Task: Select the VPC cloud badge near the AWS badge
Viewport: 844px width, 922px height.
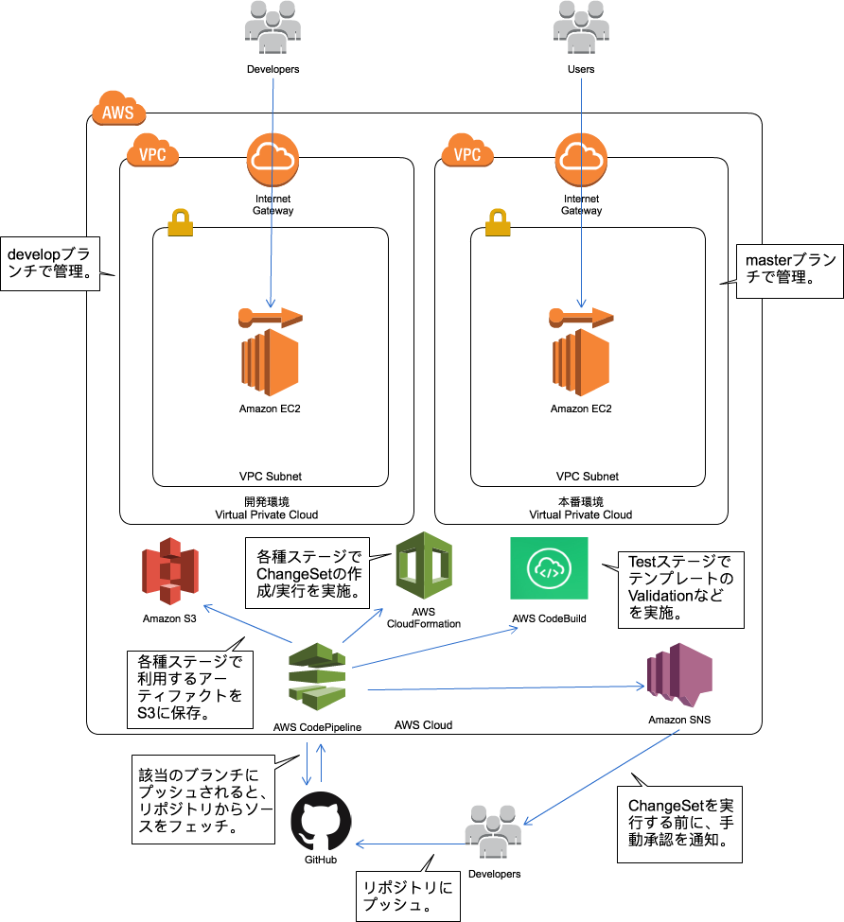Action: tap(152, 152)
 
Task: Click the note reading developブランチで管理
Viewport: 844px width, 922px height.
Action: tap(49, 264)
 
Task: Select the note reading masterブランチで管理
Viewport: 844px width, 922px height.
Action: tap(789, 270)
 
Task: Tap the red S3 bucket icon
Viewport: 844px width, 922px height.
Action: tap(170, 570)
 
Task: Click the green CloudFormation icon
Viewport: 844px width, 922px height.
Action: tap(423, 565)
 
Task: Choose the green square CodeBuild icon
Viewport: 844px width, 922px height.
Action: tap(549, 567)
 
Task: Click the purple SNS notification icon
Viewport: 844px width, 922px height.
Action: tap(678, 673)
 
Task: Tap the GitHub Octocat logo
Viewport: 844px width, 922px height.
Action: tap(321, 822)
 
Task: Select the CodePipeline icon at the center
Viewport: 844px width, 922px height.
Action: tap(317, 676)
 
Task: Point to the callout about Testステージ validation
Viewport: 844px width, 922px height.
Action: tap(679, 589)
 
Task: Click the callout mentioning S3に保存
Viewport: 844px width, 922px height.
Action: tap(190, 687)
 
